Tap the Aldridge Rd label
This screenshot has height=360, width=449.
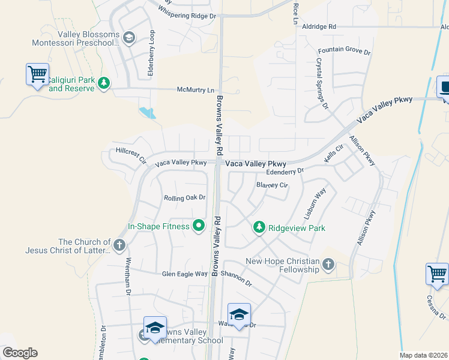pos(319,27)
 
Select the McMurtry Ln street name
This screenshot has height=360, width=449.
pos(195,90)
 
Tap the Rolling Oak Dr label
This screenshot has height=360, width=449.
pos(185,197)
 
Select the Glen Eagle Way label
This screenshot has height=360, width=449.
pos(184,274)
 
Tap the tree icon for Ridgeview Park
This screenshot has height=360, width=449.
pos(259,227)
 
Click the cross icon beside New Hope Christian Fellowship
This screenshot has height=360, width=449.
pos(328,264)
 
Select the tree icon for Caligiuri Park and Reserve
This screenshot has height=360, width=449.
pos(104,83)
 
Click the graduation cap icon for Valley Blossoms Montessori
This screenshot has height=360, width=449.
pos(128,38)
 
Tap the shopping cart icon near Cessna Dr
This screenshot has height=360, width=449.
pos(437,274)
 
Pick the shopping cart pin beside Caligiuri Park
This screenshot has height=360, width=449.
pos(37,75)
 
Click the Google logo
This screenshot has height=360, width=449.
pos(20,353)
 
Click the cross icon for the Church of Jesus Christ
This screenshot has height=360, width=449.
pos(119,245)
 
